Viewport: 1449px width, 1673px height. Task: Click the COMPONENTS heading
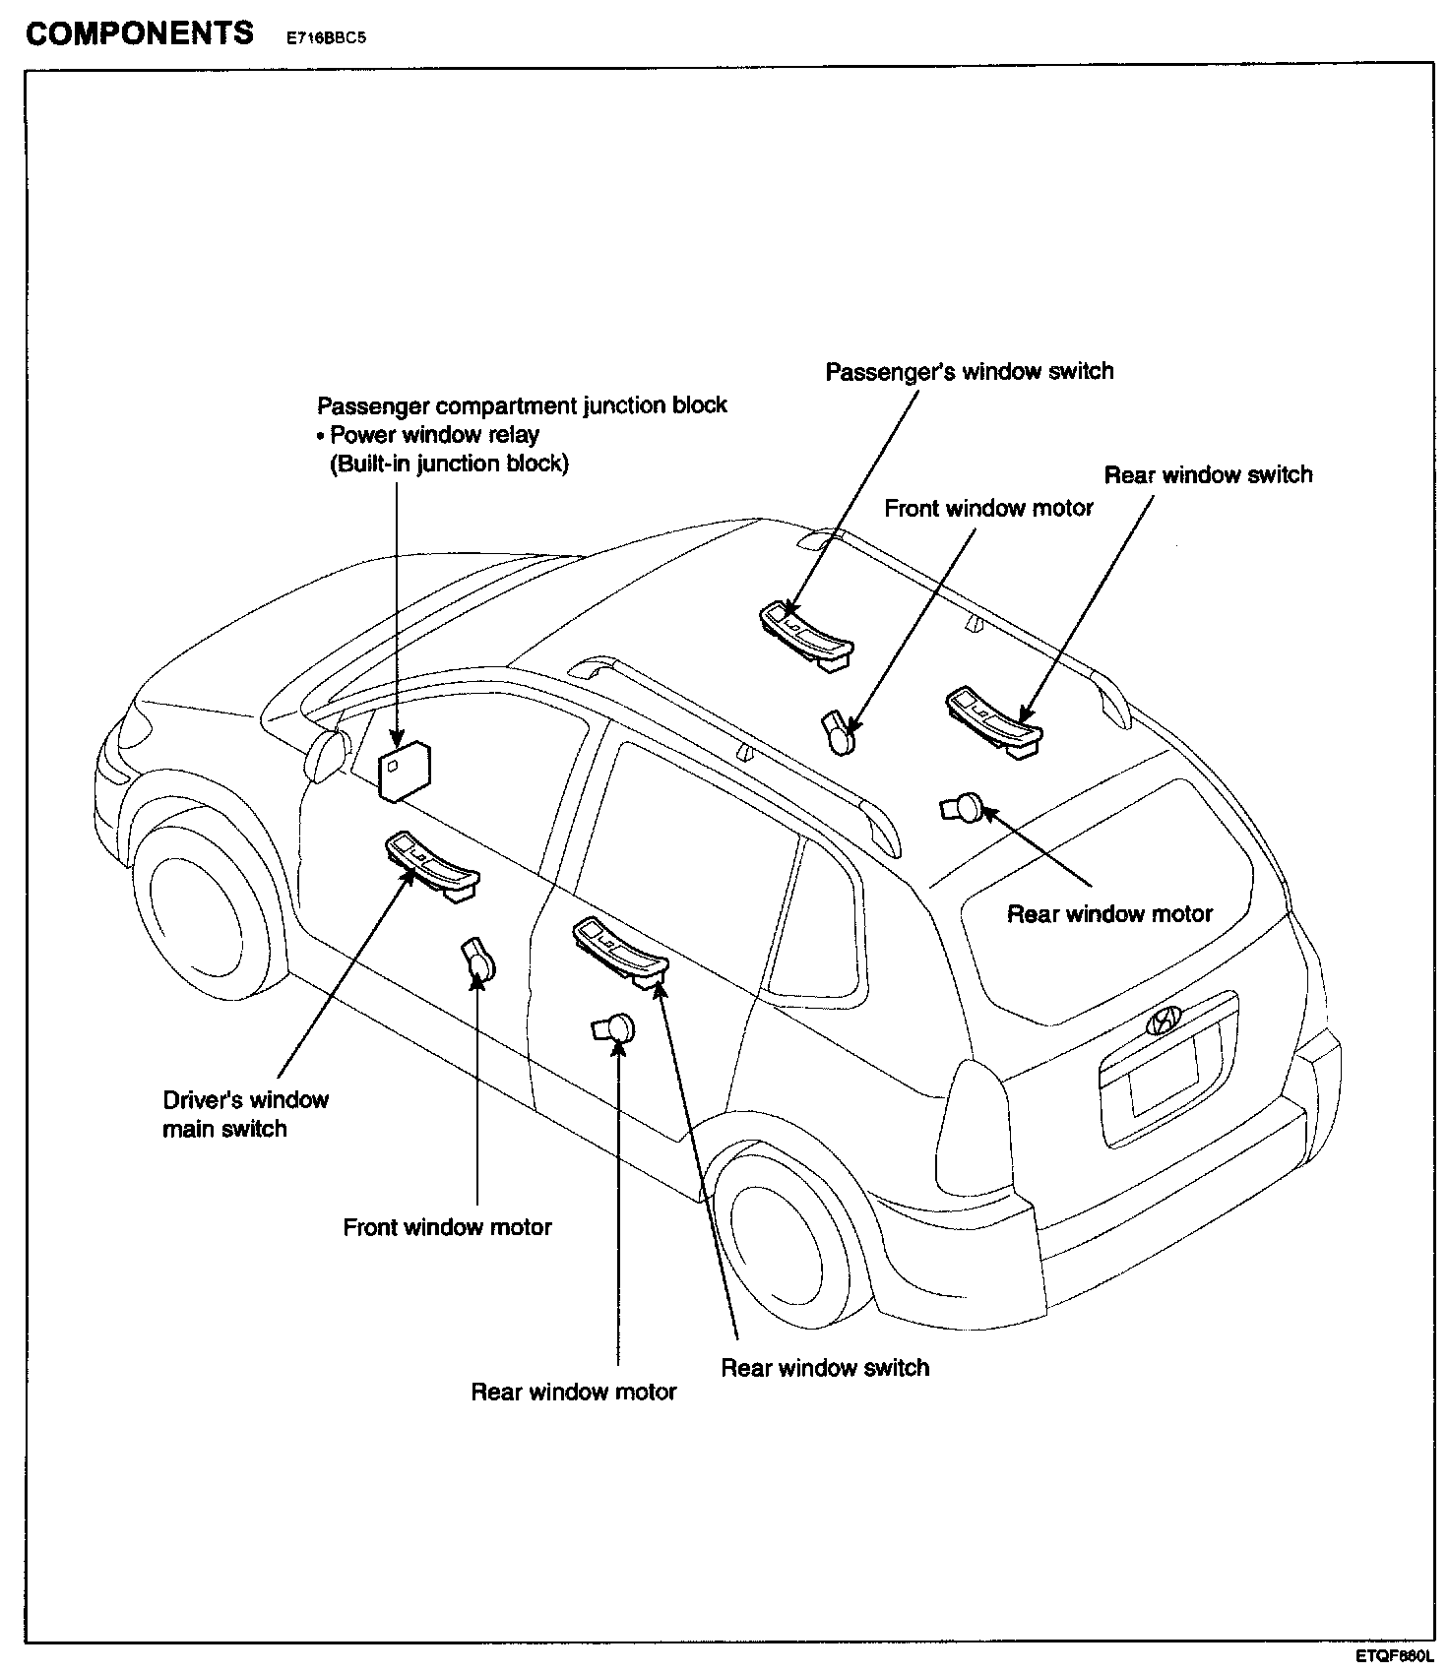(139, 33)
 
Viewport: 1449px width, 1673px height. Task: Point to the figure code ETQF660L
(1394, 1657)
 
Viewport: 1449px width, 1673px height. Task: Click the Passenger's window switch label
(969, 372)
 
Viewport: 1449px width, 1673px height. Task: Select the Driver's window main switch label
(245, 1114)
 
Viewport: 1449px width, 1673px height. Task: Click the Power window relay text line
(434, 435)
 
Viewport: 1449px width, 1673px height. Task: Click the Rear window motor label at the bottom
(573, 1392)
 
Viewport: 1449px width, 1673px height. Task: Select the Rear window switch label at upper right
(1208, 475)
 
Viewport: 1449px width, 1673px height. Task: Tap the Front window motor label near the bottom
(447, 1227)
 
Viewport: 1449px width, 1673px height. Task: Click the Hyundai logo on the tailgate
(1164, 1021)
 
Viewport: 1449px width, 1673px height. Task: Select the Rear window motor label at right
(1109, 914)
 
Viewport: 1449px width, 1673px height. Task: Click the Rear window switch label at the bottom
(825, 1368)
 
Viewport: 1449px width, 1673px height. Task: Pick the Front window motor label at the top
(988, 509)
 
